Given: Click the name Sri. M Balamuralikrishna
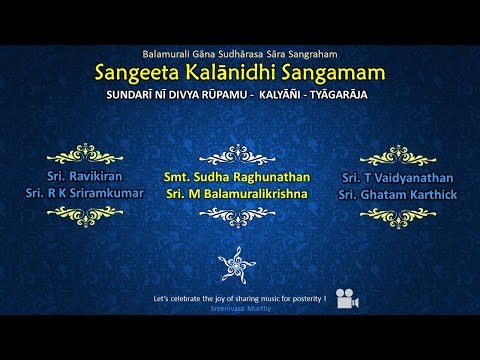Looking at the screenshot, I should pyautogui.click(x=237, y=191).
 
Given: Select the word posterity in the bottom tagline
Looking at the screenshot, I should pyautogui.click(x=302, y=298).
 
